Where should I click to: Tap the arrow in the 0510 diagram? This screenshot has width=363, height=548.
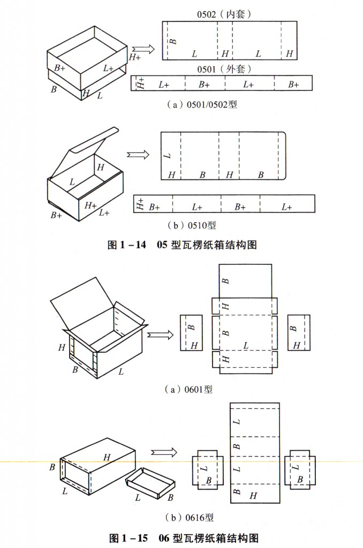coord(138,155)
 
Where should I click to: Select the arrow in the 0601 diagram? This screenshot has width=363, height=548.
coord(159,334)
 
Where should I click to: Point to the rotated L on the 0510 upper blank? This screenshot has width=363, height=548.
coord(168,156)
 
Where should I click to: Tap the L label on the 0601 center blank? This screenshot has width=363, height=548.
coord(246,346)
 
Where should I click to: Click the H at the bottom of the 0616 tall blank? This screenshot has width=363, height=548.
coord(253,496)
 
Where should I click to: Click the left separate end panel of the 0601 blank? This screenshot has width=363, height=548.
coord(191,332)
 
